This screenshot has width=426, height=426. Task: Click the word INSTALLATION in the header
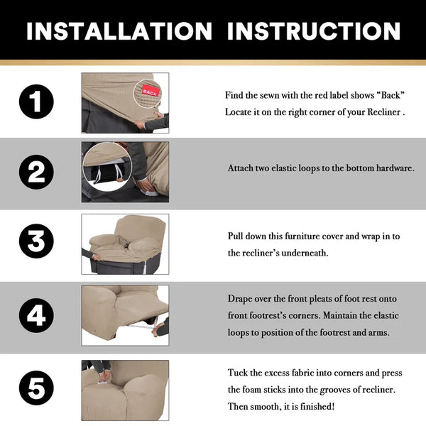pos(119,31)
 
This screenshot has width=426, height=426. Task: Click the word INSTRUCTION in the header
pos(314,31)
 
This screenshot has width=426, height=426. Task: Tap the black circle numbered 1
pos(36,102)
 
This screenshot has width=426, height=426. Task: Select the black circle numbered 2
pos(36,172)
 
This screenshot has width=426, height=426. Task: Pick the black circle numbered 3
pos(36,241)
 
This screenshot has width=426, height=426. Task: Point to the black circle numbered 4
pos(36,315)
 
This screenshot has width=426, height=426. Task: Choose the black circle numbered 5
pos(36,388)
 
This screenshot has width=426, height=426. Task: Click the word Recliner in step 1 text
pos(384,112)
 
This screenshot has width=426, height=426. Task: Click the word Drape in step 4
pos(239,299)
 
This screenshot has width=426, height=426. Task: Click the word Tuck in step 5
pos(237,373)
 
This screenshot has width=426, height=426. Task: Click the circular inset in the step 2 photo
pos(107,167)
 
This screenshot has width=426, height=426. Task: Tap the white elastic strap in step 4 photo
pos(143,324)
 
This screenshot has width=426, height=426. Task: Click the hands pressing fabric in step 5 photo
pos(104,376)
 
